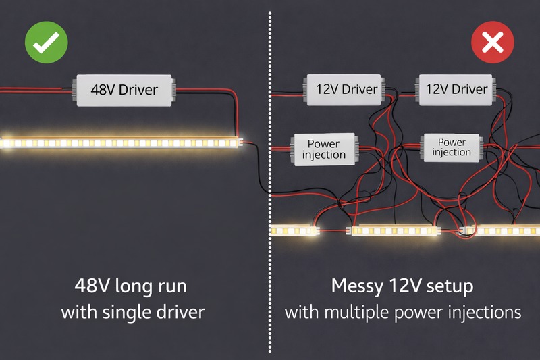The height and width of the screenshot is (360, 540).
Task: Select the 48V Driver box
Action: click(x=124, y=91)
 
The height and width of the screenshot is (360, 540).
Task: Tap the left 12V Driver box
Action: click(x=345, y=89)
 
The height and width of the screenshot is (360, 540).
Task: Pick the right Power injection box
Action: click(x=452, y=147)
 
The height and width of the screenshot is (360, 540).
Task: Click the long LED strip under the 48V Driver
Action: click(x=122, y=143)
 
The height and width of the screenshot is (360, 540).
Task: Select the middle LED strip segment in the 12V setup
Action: click(x=395, y=231)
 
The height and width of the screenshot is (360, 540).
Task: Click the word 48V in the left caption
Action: click(x=92, y=286)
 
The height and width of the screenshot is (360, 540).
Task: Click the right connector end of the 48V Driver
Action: click(x=173, y=91)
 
